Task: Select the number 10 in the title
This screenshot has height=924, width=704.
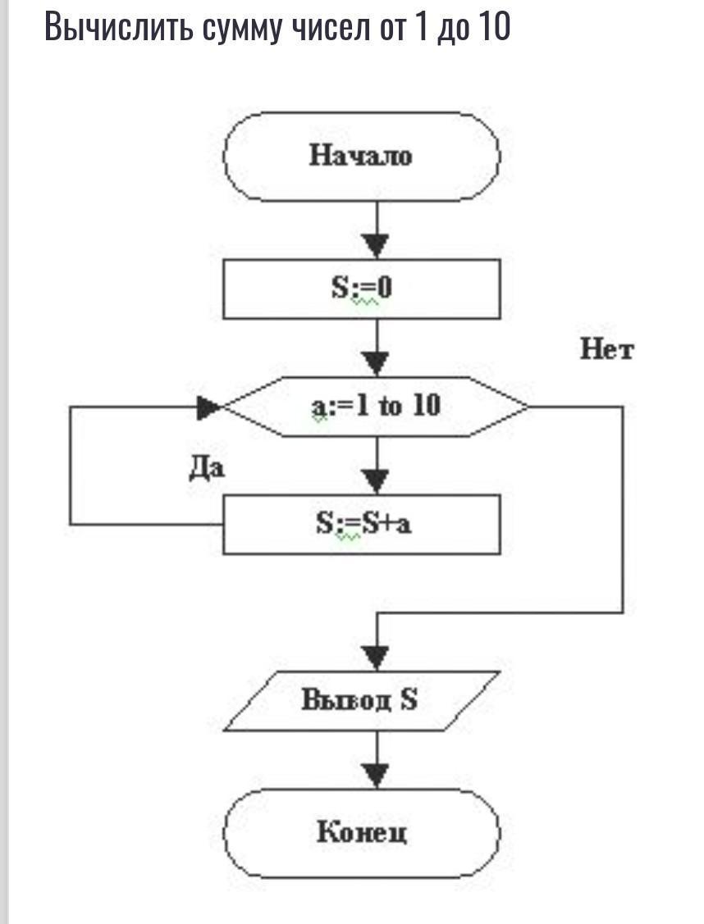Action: coord(494,27)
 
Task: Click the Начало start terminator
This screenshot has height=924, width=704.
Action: coord(361,156)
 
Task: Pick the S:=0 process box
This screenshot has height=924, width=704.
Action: coord(361,289)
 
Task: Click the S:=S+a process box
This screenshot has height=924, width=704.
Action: coord(361,524)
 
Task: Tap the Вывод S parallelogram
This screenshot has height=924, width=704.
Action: coord(361,701)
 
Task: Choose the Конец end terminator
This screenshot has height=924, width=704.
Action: coord(361,833)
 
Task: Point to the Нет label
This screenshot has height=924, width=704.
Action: coord(607,350)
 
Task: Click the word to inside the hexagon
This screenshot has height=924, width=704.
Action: coord(390,406)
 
